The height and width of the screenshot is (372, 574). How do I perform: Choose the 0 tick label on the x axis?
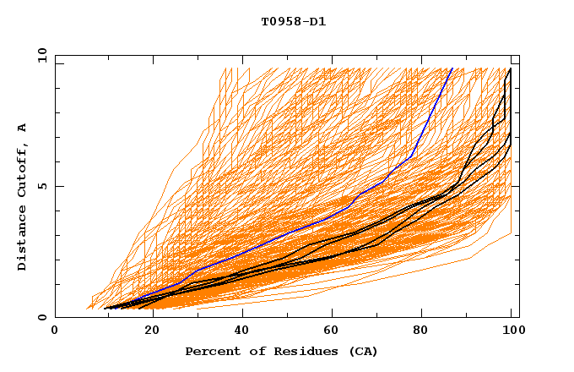point(56,331)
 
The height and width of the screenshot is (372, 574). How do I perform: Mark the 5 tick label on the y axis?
point(41,186)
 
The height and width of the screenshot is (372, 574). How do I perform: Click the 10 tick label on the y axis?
point(37,55)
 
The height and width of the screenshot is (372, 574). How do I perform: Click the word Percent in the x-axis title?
point(211,351)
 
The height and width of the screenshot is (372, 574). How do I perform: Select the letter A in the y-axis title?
point(22,128)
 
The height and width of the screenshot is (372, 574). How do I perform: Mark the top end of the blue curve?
point(452,68)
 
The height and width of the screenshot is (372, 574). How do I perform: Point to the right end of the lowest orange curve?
point(512,233)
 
